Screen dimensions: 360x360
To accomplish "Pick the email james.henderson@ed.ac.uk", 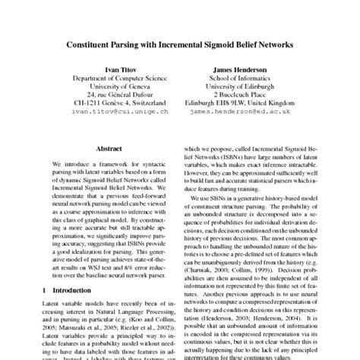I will coord(262,111).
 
